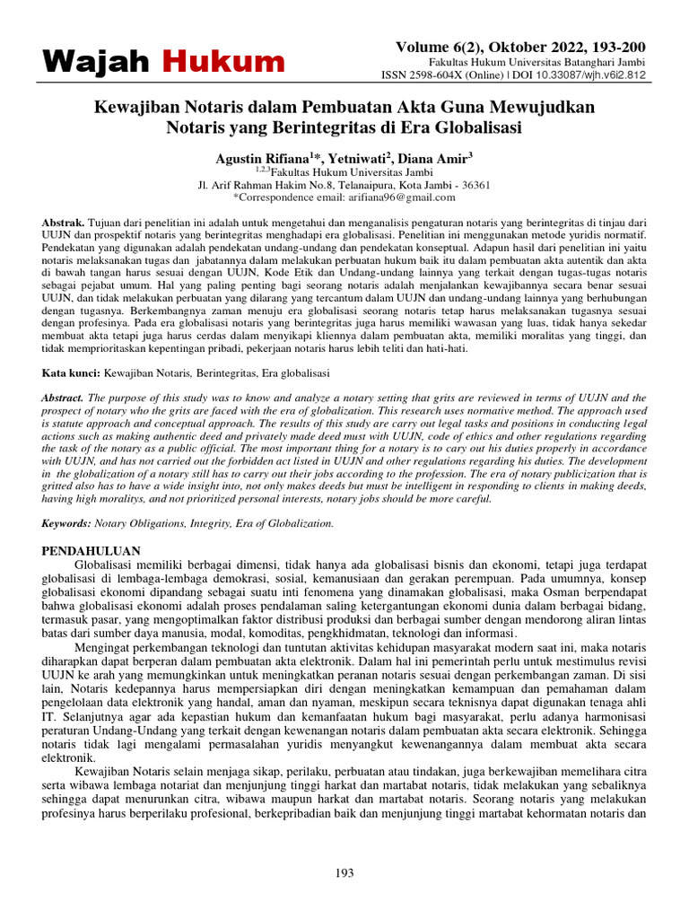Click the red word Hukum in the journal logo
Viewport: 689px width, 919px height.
(223, 62)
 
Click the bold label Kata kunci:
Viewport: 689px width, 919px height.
(72, 372)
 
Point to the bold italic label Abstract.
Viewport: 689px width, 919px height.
(64, 397)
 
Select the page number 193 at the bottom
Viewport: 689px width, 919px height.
(344, 873)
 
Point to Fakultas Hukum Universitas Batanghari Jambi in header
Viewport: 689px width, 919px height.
(550, 63)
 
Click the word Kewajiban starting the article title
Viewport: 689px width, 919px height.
(135, 108)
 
